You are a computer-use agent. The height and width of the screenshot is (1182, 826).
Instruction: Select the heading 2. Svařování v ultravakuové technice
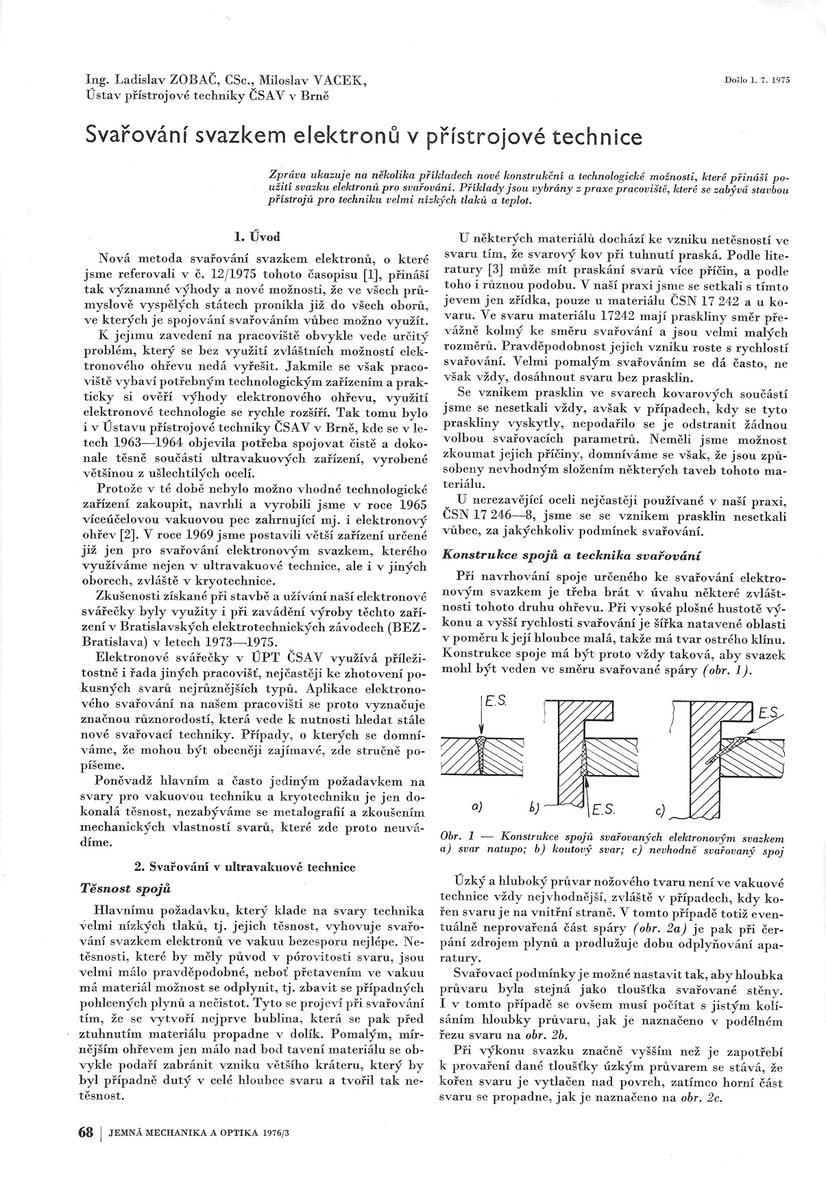point(245,867)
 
